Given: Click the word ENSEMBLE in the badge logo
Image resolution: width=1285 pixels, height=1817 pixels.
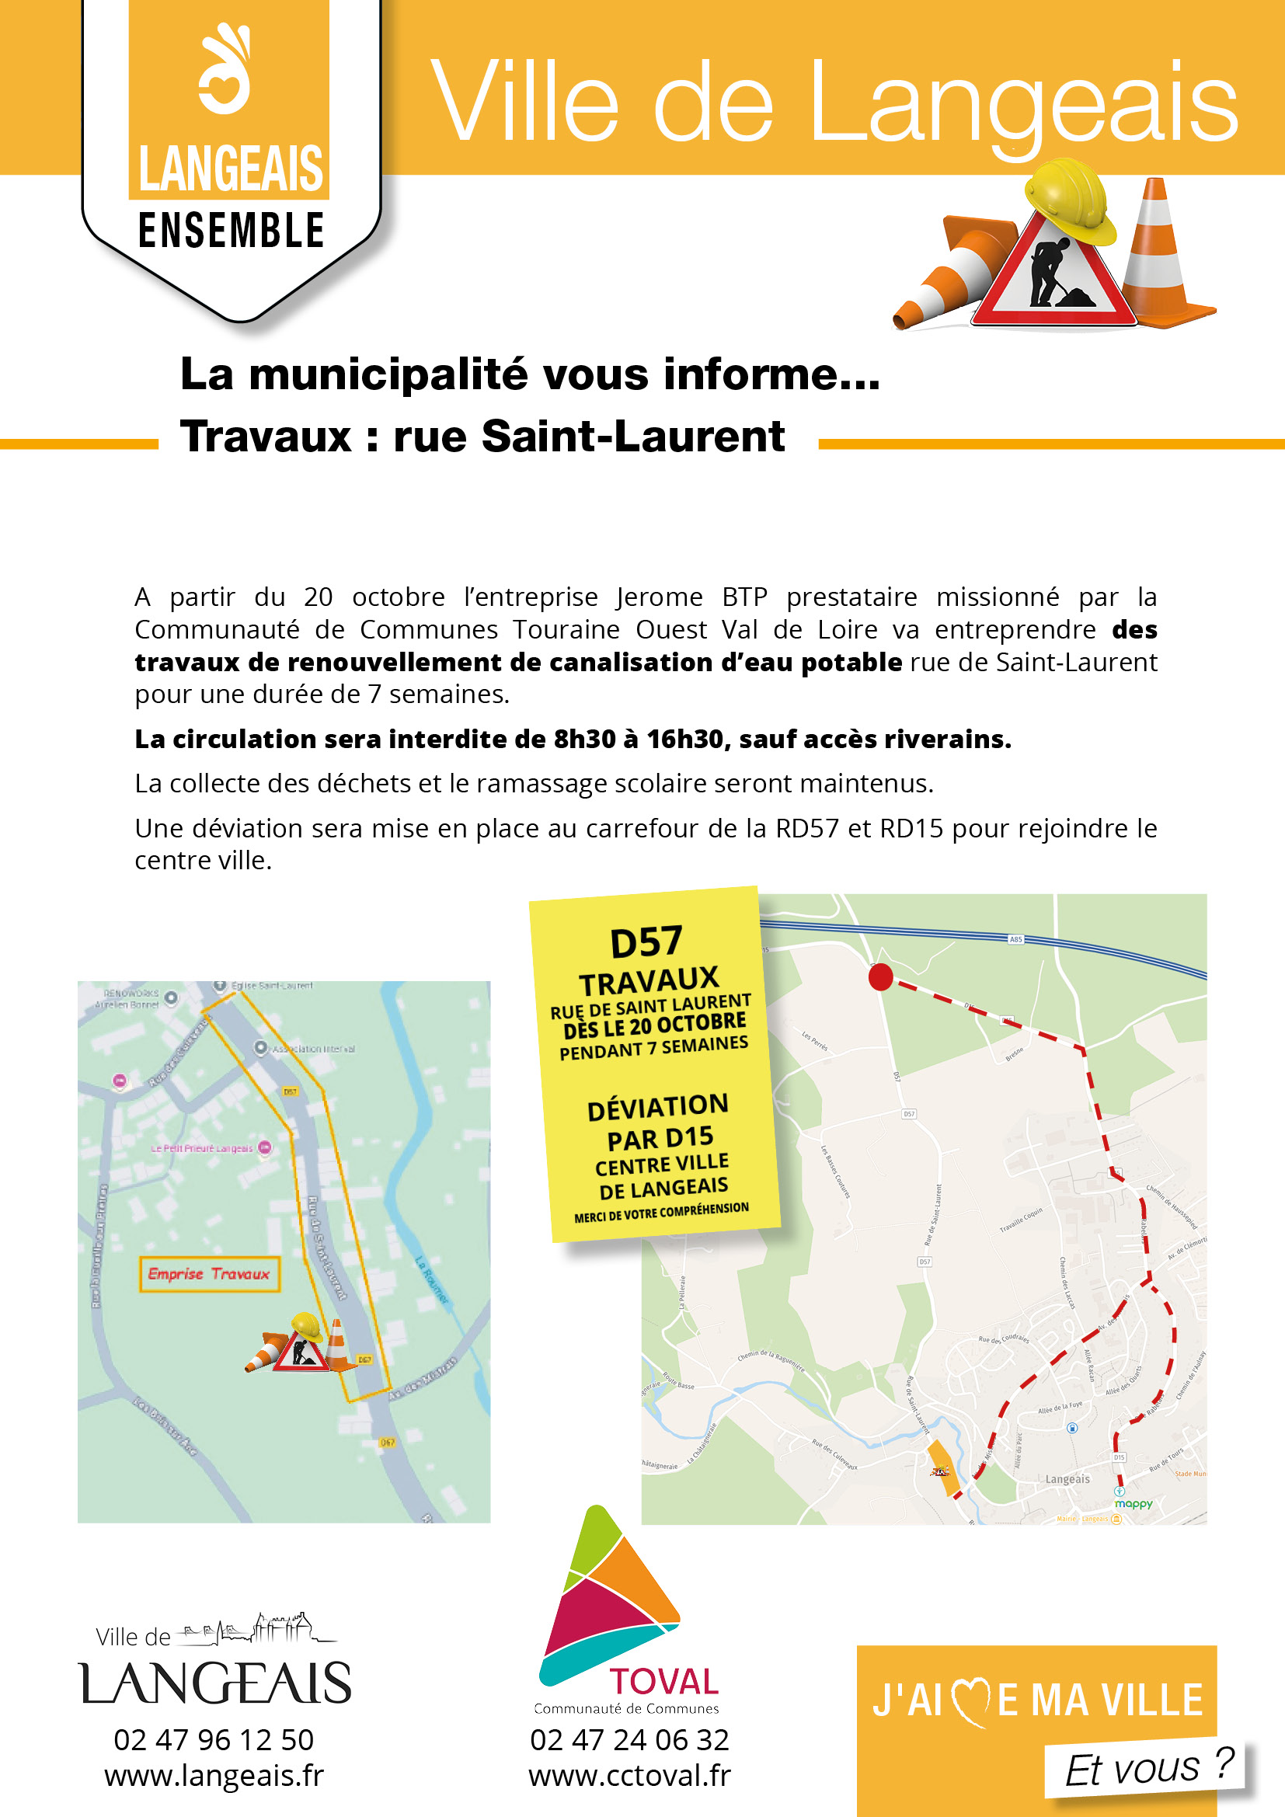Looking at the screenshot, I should pos(231,230).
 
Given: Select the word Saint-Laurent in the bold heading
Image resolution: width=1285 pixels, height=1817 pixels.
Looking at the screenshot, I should pos(632,436).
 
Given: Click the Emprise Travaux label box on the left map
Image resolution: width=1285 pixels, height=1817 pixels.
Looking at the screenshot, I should pos(210,1273).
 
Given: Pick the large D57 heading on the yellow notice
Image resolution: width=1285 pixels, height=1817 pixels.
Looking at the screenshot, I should pos(646,942).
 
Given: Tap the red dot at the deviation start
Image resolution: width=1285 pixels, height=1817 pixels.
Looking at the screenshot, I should pos(881,976).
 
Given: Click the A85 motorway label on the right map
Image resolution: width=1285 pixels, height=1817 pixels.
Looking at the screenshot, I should pos(1015,939).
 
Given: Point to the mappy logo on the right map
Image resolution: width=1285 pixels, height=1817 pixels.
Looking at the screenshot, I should pos(1133,1503).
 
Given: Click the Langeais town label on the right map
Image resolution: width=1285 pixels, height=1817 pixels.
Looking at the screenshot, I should pos(1067,1478).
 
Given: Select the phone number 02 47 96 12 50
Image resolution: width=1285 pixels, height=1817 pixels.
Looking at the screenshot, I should pos(214,1739).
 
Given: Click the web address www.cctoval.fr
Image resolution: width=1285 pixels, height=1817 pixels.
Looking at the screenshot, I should pos(630,1776).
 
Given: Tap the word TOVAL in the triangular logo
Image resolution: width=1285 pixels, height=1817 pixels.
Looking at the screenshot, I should pos(663,1682).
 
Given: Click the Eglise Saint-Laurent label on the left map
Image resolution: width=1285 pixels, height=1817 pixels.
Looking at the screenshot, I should pos(271,985).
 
